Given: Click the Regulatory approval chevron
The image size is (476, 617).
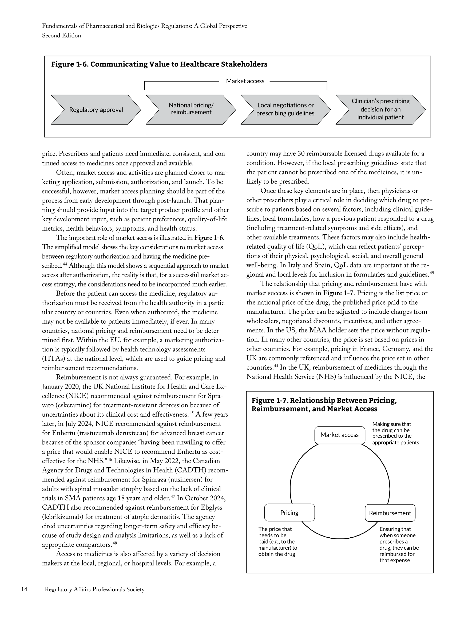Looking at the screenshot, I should click(x=96, y=110).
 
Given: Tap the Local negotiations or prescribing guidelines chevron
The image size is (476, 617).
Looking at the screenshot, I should click(x=285, y=109).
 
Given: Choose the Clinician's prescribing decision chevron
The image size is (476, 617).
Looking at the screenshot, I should click(x=380, y=109).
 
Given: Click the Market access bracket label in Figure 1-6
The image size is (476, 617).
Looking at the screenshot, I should click(x=245, y=81).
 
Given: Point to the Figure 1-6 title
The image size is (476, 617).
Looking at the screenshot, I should click(x=159, y=64).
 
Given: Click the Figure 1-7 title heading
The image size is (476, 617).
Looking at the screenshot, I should click(x=324, y=405).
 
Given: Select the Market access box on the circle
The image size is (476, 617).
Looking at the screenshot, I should click(x=339, y=435).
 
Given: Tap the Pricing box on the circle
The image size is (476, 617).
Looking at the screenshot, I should click(x=289, y=513).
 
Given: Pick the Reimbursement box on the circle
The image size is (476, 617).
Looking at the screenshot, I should click(x=390, y=513).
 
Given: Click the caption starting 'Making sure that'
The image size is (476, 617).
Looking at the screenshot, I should click(x=395, y=433).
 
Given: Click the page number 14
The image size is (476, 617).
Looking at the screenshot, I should click(x=24, y=589).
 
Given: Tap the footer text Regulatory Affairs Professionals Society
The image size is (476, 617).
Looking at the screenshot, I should click(x=94, y=589).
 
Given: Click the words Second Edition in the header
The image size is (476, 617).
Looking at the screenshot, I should click(x=62, y=36).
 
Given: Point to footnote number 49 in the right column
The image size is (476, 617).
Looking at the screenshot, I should click(x=432, y=273).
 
